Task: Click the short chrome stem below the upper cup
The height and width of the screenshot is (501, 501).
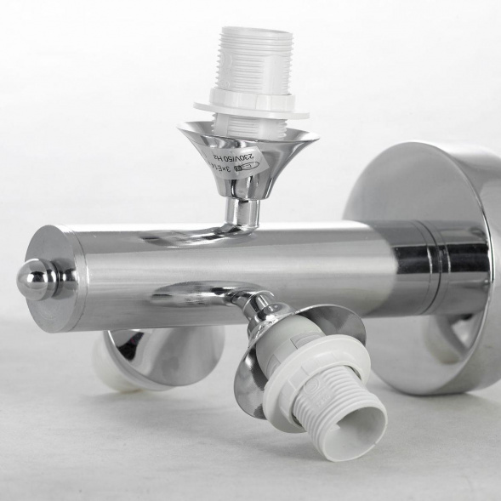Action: pos(245,211)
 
